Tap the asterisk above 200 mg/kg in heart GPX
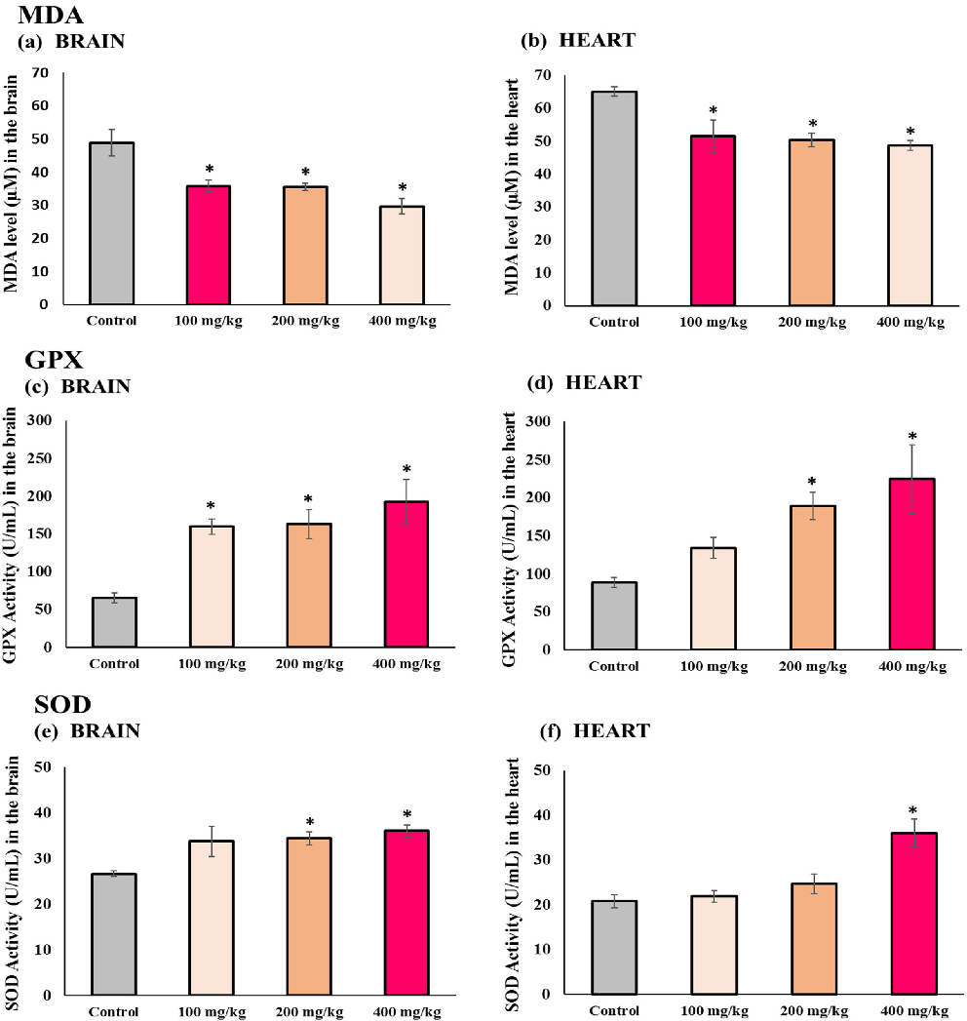coord(812,482)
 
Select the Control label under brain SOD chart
coord(112,1011)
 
